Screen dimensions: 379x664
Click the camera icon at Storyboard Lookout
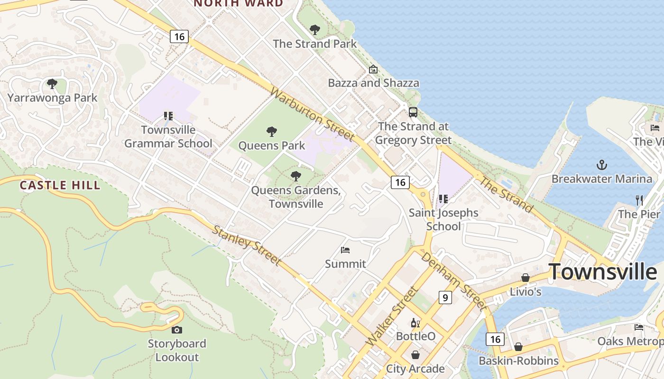pyautogui.click(x=177, y=330)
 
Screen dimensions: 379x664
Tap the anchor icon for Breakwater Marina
pyautogui.click(x=601, y=165)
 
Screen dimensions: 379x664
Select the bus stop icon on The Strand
pyautogui.click(x=413, y=112)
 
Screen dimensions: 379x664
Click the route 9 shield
pyautogui.click(x=445, y=298)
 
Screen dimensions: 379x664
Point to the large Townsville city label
pyautogui.click(x=603, y=272)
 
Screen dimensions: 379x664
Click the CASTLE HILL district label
pyautogui.click(x=60, y=185)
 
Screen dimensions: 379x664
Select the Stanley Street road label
pyautogui.click(x=246, y=245)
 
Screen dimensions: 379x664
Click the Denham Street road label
pyautogui.click(x=453, y=281)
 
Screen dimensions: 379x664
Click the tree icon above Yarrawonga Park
pyautogui.click(x=52, y=84)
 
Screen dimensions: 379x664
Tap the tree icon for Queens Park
pyautogui.click(x=272, y=131)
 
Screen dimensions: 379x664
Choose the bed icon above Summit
pyautogui.click(x=345, y=250)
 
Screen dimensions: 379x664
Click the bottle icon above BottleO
pyautogui.click(x=415, y=323)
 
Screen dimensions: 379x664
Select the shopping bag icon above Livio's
pyautogui.click(x=526, y=278)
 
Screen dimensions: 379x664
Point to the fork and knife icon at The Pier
pyautogui.click(x=639, y=200)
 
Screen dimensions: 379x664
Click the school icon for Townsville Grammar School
pyautogui.click(x=168, y=116)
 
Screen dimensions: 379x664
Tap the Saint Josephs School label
pyautogui.click(x=443, y=219)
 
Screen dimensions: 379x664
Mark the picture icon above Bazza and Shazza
pyautogui.click(x=373, y=69)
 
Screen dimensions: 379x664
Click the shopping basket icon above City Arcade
pyautogui.click(x=415, y=355)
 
